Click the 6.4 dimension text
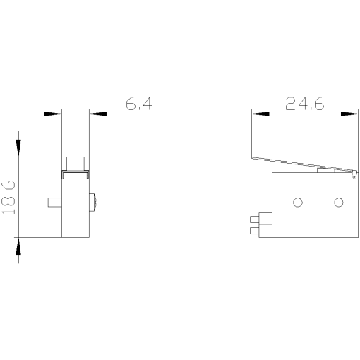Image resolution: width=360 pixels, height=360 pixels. coord(138,104)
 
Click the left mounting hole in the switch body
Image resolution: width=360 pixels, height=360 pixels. coord(297,203)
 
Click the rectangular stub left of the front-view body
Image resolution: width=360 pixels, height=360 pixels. coord(54,203)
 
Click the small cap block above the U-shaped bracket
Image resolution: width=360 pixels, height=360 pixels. coord(74,163)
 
